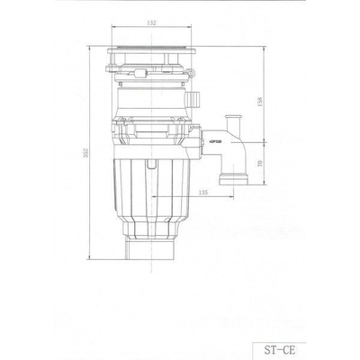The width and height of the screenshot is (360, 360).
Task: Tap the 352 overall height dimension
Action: (86, 155)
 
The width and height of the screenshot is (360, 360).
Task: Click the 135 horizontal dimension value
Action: (203, 191)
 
